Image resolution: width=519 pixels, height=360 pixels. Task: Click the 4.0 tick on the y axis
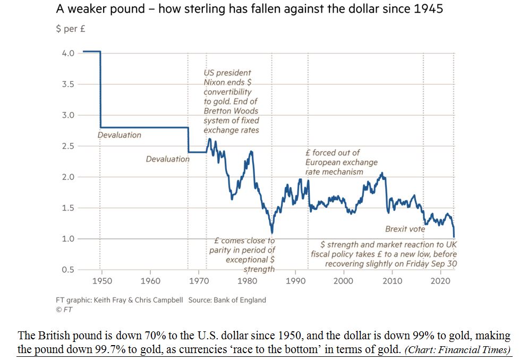pos(67,53)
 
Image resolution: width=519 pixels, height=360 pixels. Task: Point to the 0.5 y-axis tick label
pos(67,270)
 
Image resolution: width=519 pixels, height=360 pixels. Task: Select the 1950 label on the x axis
pos(101,280)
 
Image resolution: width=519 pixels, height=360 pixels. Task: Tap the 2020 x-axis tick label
pos(440,280)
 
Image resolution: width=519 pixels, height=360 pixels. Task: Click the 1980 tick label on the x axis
pos(247,280)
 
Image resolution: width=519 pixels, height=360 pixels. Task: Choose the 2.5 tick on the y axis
pos(67,146)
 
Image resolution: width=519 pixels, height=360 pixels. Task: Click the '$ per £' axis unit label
pos(71,29)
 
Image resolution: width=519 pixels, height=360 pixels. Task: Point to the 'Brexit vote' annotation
pos(405,229)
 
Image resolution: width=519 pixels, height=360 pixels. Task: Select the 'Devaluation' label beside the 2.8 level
pos(120,135)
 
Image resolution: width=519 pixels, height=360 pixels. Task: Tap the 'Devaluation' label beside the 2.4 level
pos(167,159)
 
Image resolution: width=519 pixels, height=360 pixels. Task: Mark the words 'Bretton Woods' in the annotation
pos(231,111)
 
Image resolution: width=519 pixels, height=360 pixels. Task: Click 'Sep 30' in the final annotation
pos(444,264)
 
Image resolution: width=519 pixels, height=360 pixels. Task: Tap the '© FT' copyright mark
pos(63,308)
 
